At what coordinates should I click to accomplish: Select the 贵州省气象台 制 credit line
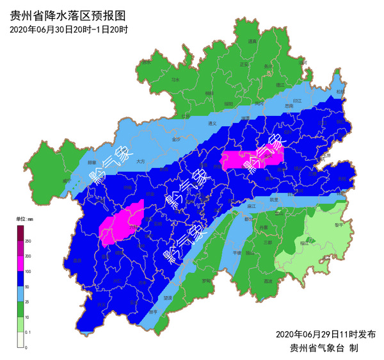click(330, 348)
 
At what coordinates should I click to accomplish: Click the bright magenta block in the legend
click(20, 263)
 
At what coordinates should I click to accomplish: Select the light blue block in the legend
click(20, 294)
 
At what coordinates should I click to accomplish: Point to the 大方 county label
click(141, 162)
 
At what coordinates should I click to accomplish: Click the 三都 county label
click(268, 243)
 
